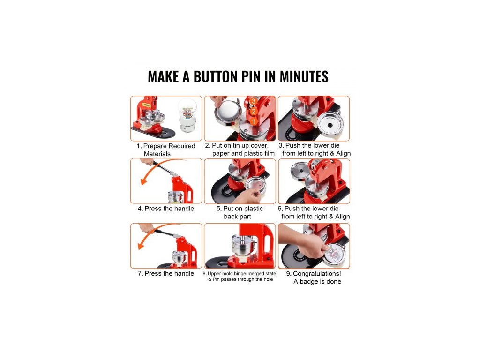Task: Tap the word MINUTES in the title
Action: pos(304,76)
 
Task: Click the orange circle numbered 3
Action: pos(253,101)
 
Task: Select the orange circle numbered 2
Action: pos(253,111)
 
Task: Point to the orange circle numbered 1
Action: pos(253,121)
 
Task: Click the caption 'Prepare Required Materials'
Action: pos(166,150)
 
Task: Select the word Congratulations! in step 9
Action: pos(317,273)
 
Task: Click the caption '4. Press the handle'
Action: pos(166,209)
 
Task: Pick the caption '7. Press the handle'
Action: pos(166,273)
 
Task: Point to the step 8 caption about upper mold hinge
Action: pos(240,277)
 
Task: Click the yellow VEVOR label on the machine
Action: pos(147,105)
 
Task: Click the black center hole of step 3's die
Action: pos(330,125)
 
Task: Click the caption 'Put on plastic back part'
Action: pos(240,212)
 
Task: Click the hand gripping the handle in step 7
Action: pos(146,228)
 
